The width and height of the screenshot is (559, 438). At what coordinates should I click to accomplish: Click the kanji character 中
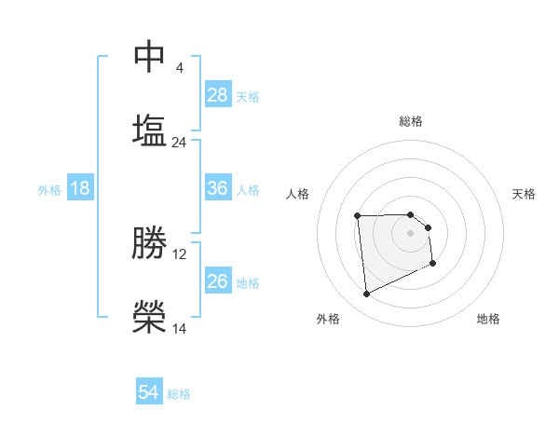point(150,56)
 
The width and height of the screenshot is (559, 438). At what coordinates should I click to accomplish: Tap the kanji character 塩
point(150,130)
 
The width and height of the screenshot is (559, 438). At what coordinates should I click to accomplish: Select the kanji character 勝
point(150,242)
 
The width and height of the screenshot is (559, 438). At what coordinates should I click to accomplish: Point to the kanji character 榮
point(150,317)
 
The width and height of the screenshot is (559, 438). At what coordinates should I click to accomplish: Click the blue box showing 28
point(218,95)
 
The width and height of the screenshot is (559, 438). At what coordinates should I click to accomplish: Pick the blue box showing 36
point(218,188)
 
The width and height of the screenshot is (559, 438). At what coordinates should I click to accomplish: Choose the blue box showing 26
point(218,281)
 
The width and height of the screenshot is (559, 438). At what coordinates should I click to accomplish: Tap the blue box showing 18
point(80,188)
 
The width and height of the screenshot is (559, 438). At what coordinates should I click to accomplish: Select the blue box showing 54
point(149,393)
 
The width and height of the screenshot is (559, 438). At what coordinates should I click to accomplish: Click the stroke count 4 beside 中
point(179,68)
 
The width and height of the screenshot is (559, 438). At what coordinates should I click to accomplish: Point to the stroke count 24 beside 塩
point(180,143)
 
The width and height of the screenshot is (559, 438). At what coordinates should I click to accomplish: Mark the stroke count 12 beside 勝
point(180,254)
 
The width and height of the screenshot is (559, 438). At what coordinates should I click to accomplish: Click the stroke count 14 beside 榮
point(180,329)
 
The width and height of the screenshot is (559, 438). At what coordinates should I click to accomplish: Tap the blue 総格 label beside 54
point(180,394)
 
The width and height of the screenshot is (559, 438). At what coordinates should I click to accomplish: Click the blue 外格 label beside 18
point(49,189)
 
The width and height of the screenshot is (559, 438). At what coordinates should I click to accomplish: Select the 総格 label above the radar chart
point(411,121)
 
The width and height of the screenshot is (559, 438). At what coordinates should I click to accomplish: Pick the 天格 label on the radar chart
point(525,194)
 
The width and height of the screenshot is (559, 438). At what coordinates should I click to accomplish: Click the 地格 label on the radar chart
point(488,319)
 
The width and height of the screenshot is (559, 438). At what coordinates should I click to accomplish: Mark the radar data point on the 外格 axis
point(366,294)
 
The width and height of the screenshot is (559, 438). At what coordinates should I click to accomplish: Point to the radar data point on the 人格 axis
point(357,216)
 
